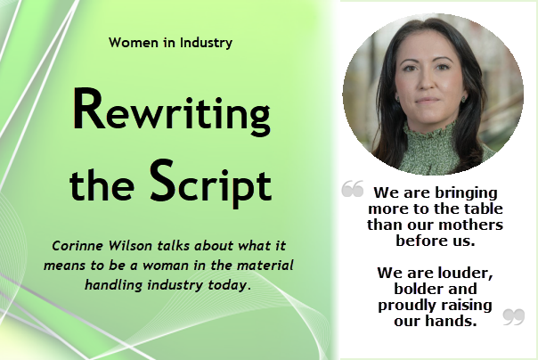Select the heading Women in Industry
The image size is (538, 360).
171,42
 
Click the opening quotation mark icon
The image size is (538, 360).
353,189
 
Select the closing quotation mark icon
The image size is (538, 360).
513,315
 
